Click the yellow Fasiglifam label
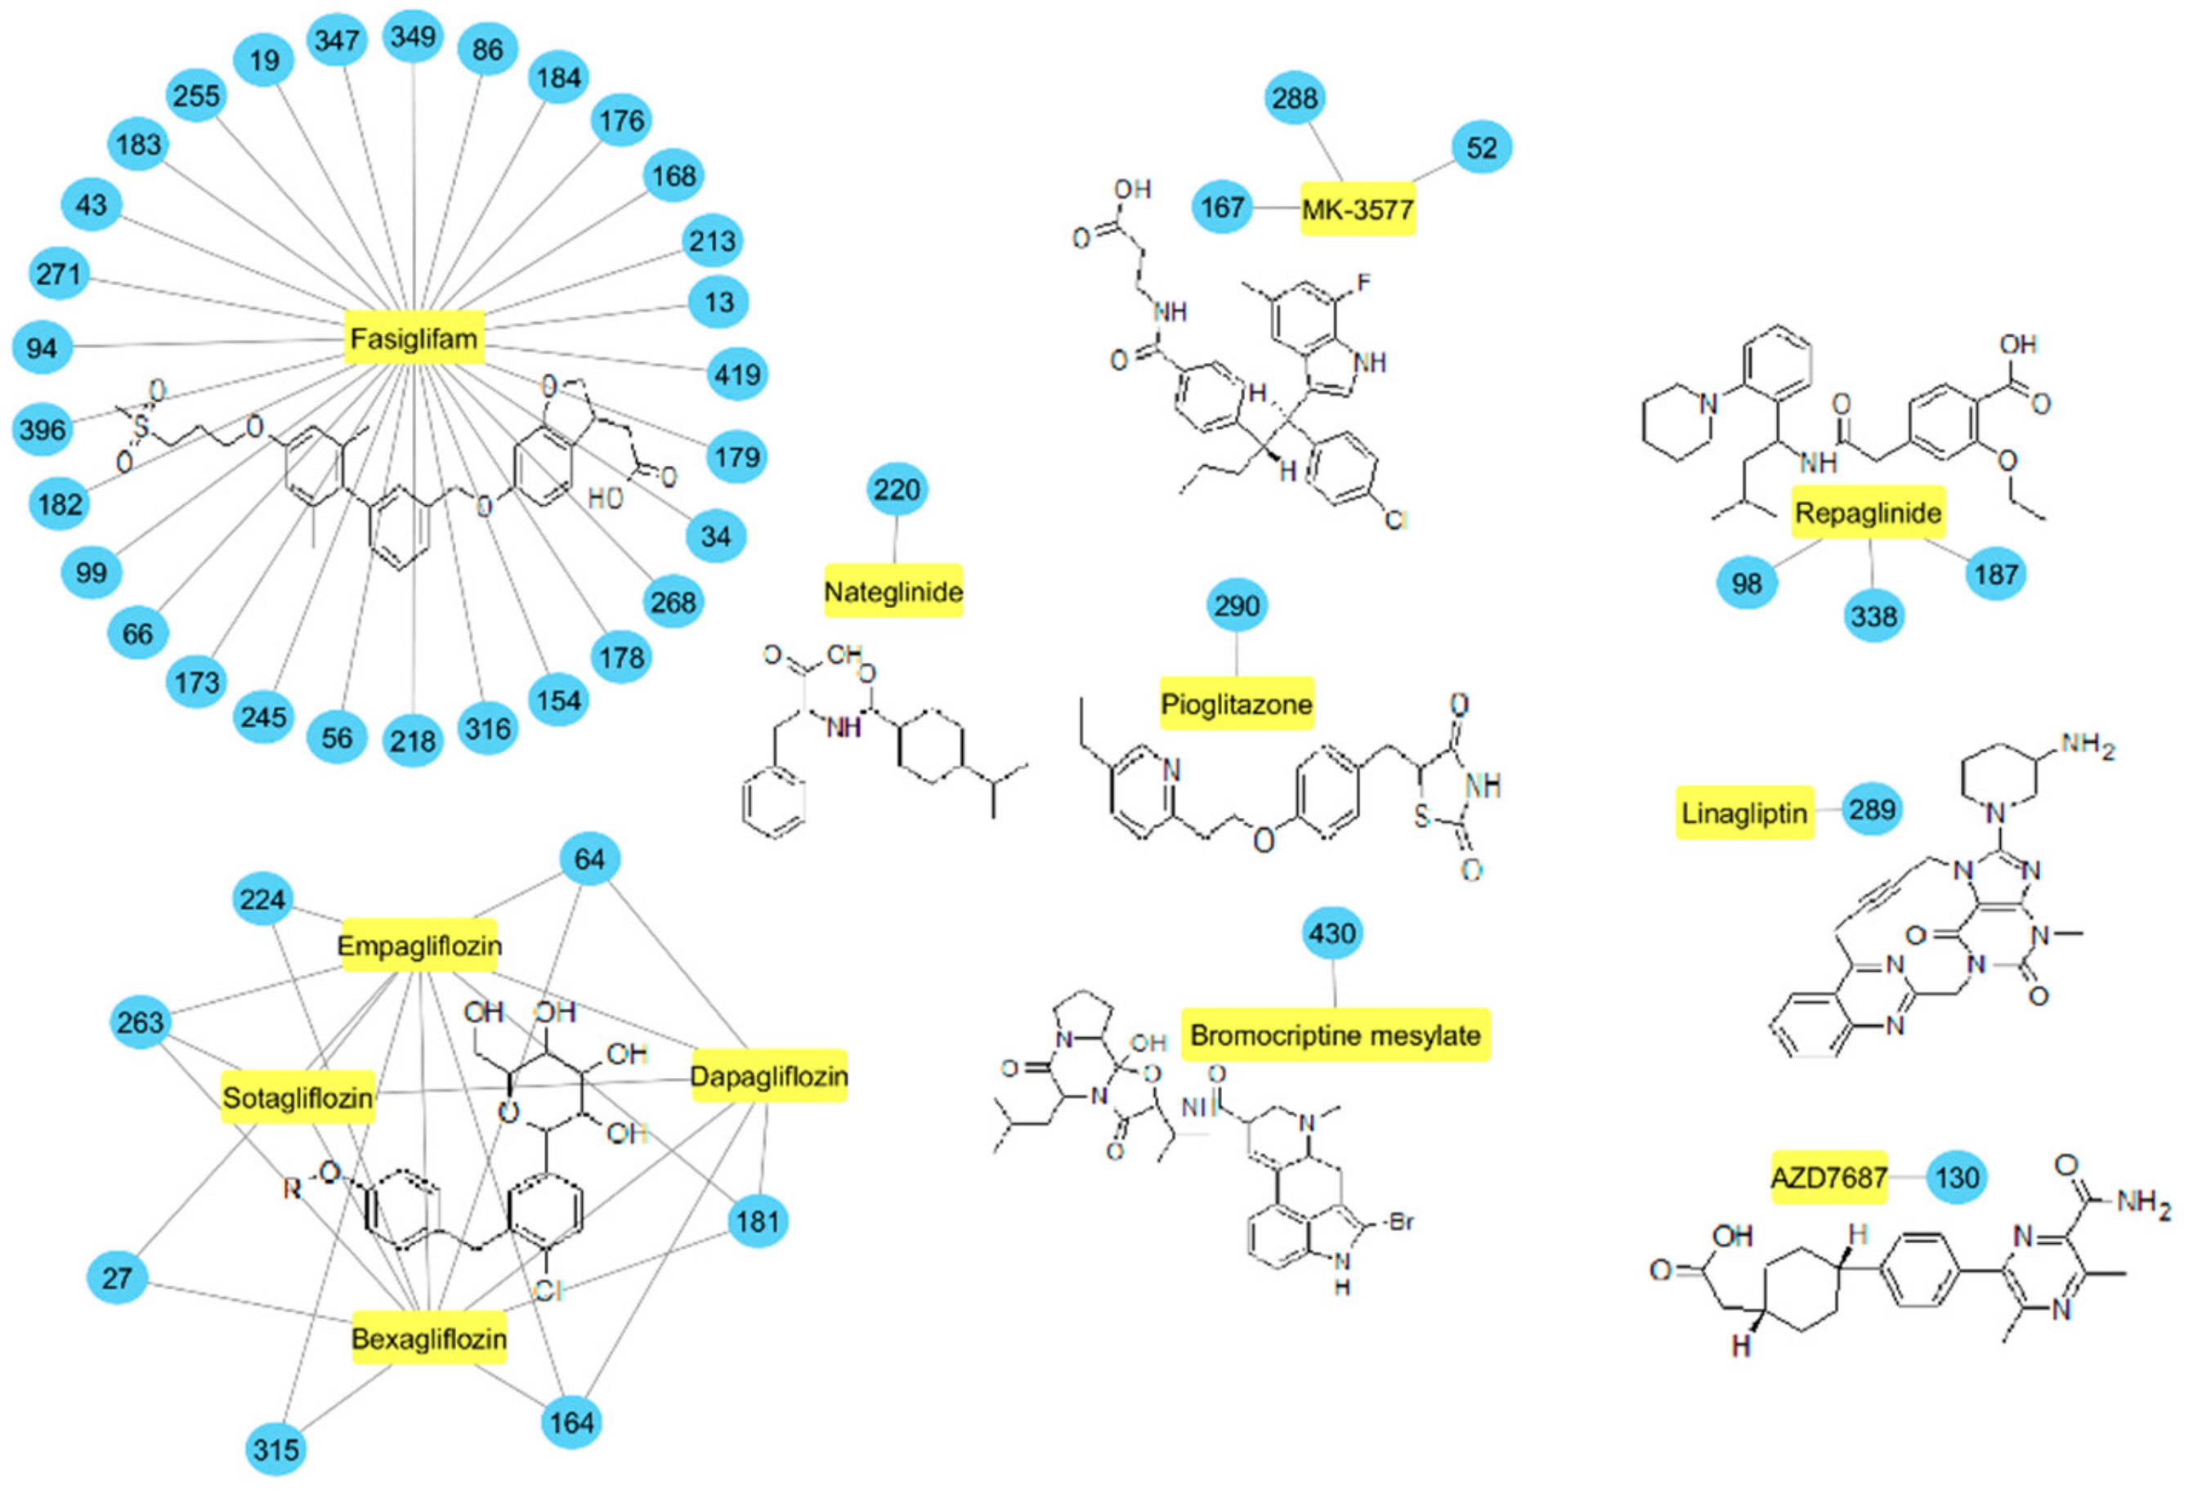(414, 338)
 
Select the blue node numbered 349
(414, 37)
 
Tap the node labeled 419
(737, 374)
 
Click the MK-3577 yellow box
(1357, 208)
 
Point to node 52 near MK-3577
(1482, 147)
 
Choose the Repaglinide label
(1868, 512)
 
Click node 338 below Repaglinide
(1873, 616)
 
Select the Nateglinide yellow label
(893, 592)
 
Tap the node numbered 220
(896, 489)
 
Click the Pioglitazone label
(1236, 703)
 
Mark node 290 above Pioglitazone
(1236, 605)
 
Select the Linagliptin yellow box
(1743, 812)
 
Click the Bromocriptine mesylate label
(1334, 1035)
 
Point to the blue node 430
(1331, 933)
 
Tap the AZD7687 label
(1828, 1177)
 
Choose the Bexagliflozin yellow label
(429, 1338)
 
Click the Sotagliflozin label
(298, 1097)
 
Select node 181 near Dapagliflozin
(758, 1221)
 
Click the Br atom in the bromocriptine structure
(1401, 1222)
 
